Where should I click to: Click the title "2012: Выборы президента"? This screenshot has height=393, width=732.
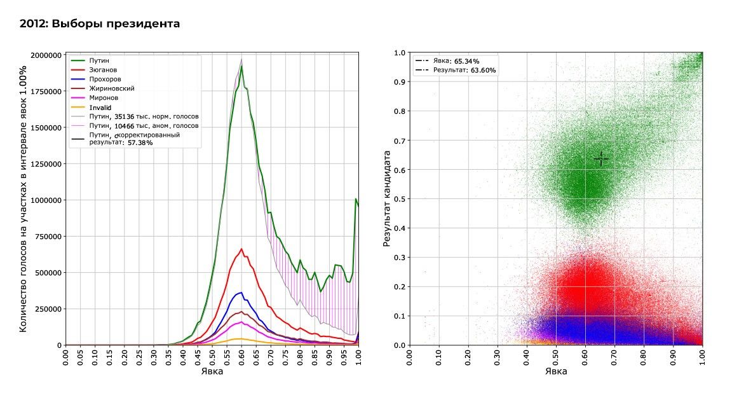click(x=100, y=24)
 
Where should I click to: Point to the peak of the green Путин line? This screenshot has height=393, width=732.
click(x=241, y=65)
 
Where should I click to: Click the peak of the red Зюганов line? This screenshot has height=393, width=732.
click(x=241, y=249)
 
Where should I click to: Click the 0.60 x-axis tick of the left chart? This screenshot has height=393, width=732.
click(x=241, y=359)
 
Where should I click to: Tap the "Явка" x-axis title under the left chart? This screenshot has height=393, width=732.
click(x=212, y=371)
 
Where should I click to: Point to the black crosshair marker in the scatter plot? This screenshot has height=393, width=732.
click(x=601, y=158)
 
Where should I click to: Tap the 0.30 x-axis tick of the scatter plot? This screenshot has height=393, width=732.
click(x=498, y=358)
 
